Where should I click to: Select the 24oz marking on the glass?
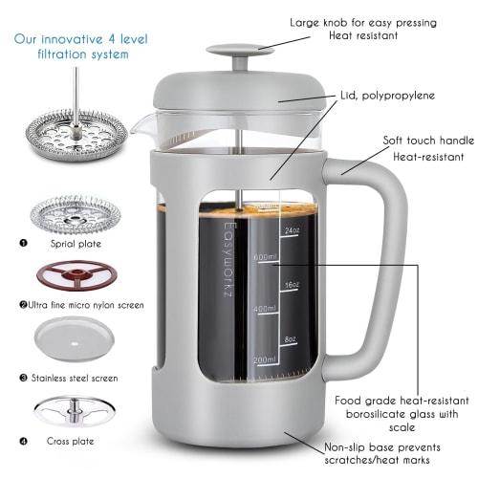click(x=291, y=230)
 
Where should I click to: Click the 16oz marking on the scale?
click(x=291, y=285)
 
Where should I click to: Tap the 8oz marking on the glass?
click(x=291, y=337)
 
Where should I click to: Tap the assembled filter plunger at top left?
click(x=76, y=123)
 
